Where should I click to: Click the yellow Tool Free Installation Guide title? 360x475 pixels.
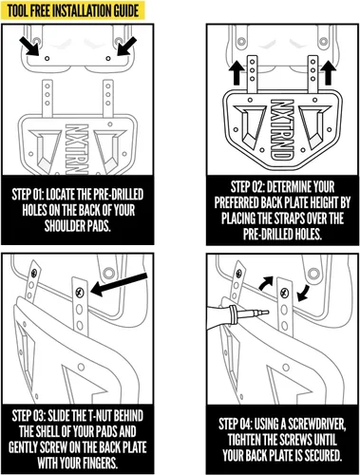[72, 10]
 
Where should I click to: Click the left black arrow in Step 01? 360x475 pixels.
[29, 47]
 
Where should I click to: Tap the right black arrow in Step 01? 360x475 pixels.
[126, 47]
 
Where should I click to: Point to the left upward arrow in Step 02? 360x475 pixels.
[236, 72]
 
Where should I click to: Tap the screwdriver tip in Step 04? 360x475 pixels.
[265, 313]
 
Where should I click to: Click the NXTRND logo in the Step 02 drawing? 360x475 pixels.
[281, 130]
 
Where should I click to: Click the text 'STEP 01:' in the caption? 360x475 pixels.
[28, 195]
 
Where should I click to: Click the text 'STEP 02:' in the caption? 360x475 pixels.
[247, 187]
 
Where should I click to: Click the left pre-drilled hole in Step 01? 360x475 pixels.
[47, 58]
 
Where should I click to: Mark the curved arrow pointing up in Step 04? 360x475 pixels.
[267, 282]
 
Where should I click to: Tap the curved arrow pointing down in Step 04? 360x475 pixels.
[303, 293]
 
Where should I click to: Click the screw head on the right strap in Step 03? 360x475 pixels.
[80, 292]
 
